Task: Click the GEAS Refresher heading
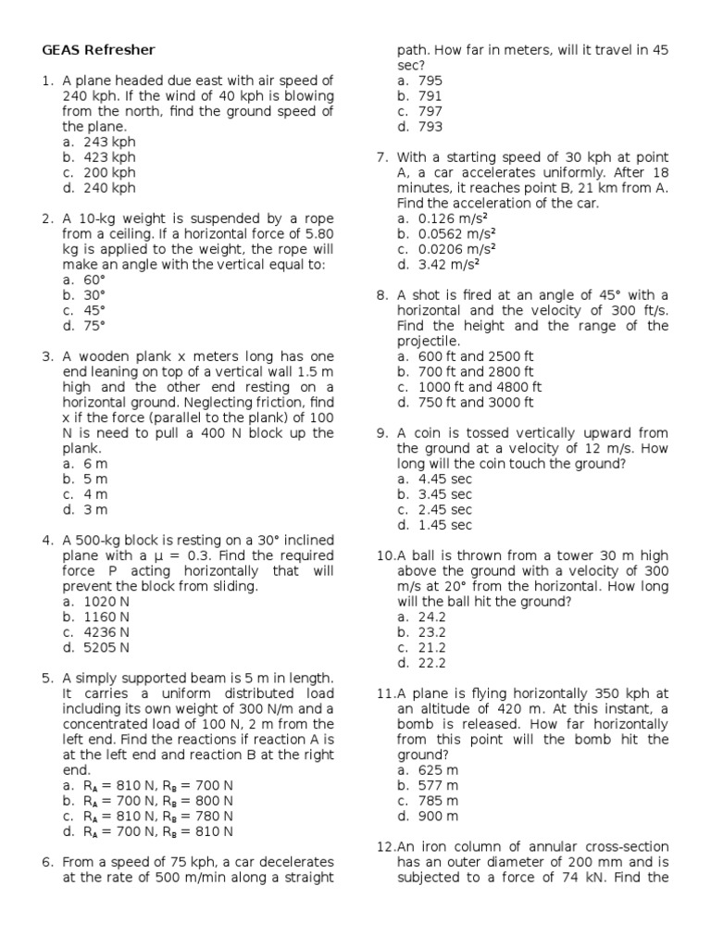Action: coord(98,50)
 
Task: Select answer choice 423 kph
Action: coord(109,157)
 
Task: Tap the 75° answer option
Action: coord(94,326)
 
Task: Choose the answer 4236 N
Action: coord(106,632)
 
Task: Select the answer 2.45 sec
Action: coord(445,510)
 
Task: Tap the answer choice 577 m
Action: coord(438,785)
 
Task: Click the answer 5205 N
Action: coord(106,648)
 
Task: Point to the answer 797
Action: coord(430,111)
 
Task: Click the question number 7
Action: coord(382,157)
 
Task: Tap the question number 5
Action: coord(47,679)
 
